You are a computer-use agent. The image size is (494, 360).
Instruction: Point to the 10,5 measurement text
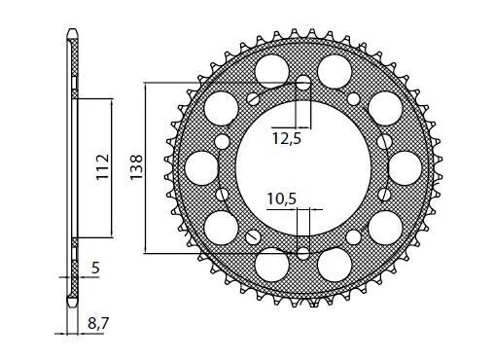coord(281,198)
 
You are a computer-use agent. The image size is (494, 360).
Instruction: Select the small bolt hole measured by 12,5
coord(303,83)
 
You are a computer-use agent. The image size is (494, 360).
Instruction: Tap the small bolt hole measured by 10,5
coord(303,253)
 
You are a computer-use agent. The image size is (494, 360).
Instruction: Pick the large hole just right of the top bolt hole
coord(335,69)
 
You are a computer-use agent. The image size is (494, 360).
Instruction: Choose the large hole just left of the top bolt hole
coord(271,69)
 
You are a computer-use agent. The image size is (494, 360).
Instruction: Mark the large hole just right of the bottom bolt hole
coord(335,264)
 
